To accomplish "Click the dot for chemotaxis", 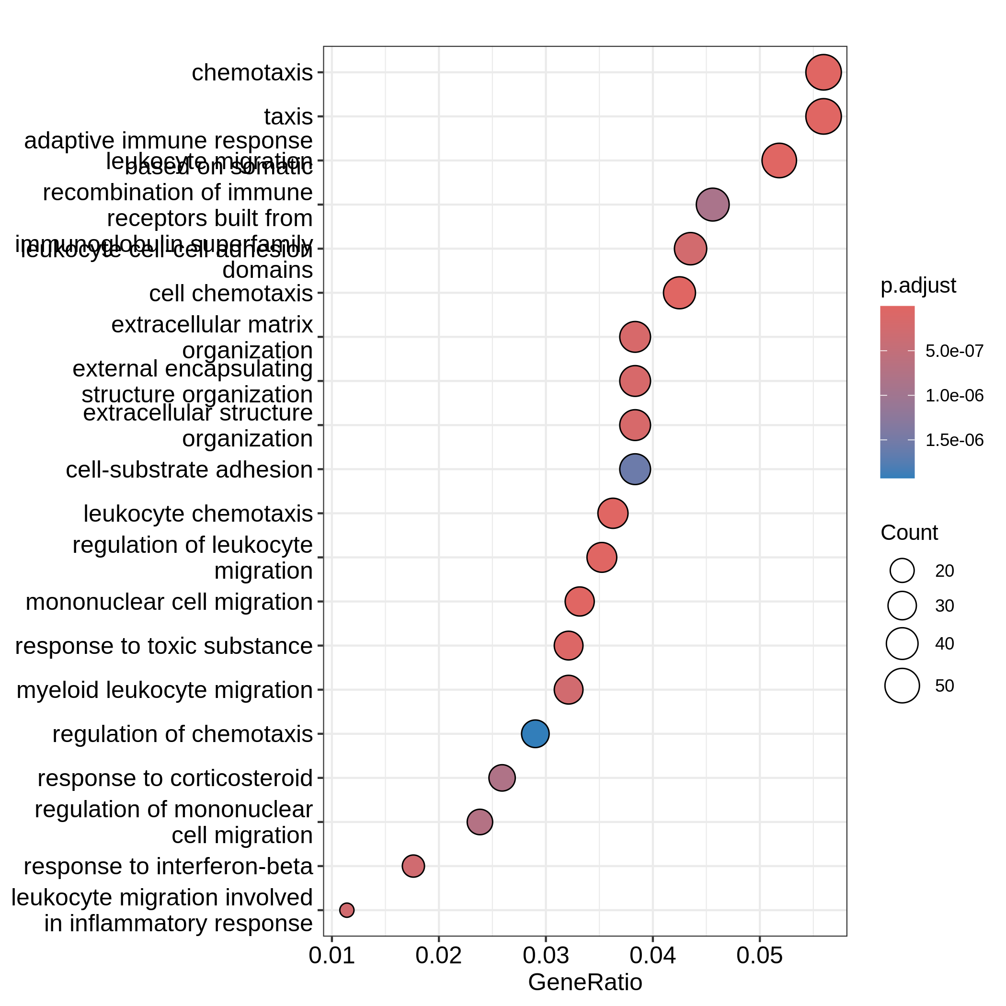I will [823, 72].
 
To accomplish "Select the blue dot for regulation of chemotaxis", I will [535, 734].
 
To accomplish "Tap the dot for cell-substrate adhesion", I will [635, 469].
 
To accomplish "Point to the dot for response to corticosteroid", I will [502, 778].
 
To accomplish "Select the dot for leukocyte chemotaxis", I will [613, 514].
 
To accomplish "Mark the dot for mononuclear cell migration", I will [580, 601].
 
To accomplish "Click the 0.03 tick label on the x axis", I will [546, 956].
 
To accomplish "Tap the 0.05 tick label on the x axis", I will [759, 956].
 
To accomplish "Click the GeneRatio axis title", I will [585, 982].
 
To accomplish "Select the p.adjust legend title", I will [918, 286].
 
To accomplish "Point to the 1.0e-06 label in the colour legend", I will [954, 396].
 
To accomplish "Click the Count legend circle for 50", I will [902, 686].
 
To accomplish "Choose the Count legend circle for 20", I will [902, 571].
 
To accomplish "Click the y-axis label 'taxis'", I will [288, 116].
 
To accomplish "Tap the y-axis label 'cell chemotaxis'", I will [231, 294].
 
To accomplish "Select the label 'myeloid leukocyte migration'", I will [164, 690].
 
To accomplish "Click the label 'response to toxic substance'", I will [163, 646].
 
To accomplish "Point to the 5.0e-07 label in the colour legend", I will [954, 351].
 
